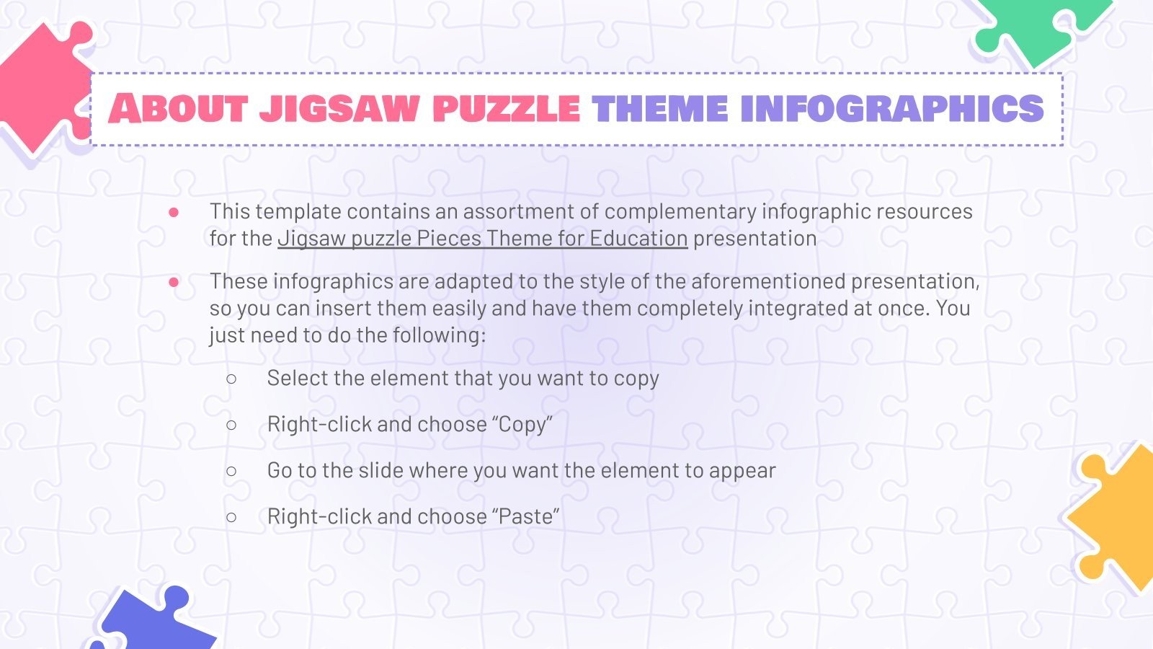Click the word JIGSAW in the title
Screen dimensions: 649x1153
[339, 109]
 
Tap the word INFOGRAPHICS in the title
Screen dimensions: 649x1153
[891, 109]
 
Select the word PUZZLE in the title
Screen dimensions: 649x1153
[506, 109]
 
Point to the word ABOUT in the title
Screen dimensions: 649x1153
[179, 109]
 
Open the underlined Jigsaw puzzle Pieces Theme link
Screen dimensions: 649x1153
[482, 239]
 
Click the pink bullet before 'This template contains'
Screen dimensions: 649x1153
[174, 212]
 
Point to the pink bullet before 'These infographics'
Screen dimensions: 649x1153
[174, 282]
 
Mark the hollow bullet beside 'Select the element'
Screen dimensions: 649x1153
[231, 379]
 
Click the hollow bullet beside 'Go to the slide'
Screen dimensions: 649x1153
[231, 471]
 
